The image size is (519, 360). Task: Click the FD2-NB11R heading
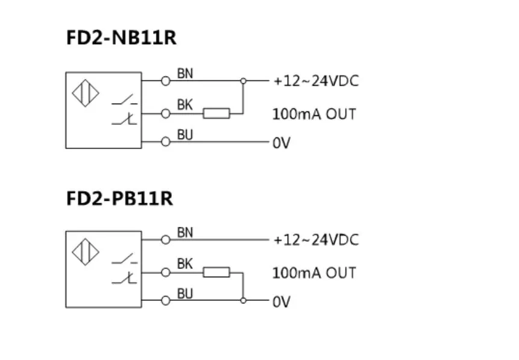tap(121, 38)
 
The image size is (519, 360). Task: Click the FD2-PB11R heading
tap(120, 198)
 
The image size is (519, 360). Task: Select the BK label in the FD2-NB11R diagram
tap(184, 105)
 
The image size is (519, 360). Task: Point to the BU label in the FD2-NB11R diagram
tap(185, 135)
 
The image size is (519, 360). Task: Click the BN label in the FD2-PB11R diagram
tap(185, 232)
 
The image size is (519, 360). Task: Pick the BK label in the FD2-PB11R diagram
tap(184, 264)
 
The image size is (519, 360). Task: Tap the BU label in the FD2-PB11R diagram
tap(185, 294)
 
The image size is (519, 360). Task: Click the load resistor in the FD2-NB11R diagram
tap(216, 113)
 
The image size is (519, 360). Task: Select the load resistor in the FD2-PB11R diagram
tap(216, 273)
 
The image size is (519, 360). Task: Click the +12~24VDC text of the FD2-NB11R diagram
tap(316, 81)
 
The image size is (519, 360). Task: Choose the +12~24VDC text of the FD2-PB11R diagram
tap(316, 240)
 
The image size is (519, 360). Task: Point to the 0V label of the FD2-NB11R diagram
tap(282, 144)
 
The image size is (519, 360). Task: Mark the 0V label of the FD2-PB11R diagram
tap(282, 302)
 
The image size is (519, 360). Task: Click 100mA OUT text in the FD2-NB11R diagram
tap(314, 113)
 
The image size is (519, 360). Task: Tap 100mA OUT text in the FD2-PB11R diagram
tap(314, 273)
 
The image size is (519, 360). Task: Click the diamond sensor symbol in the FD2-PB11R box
tap(86, 252)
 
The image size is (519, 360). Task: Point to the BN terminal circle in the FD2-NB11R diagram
tap(166, 80)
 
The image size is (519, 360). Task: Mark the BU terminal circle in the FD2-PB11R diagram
tap(166, 300)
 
